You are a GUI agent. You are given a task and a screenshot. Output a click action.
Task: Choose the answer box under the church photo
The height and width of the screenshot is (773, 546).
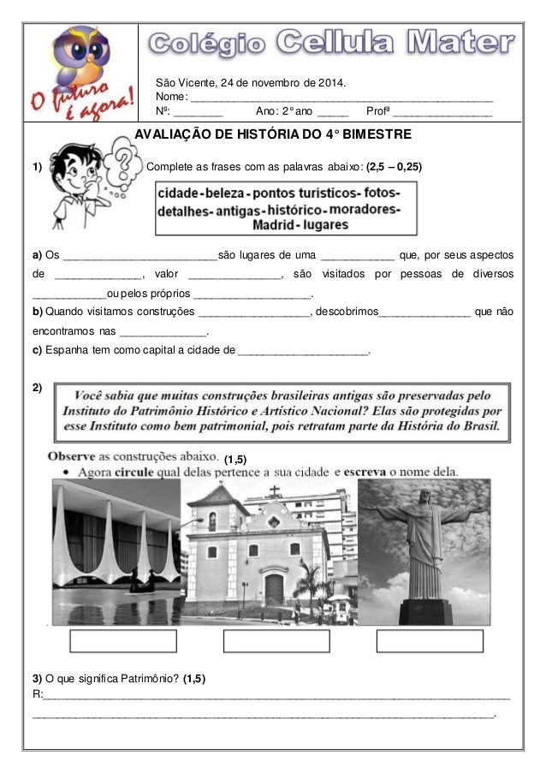tap(270, 641)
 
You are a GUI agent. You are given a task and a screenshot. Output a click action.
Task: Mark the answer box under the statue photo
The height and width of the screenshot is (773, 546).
tap(424, 641)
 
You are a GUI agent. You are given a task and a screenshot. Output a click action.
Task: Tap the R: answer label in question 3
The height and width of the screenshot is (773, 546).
tap(36, 693)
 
